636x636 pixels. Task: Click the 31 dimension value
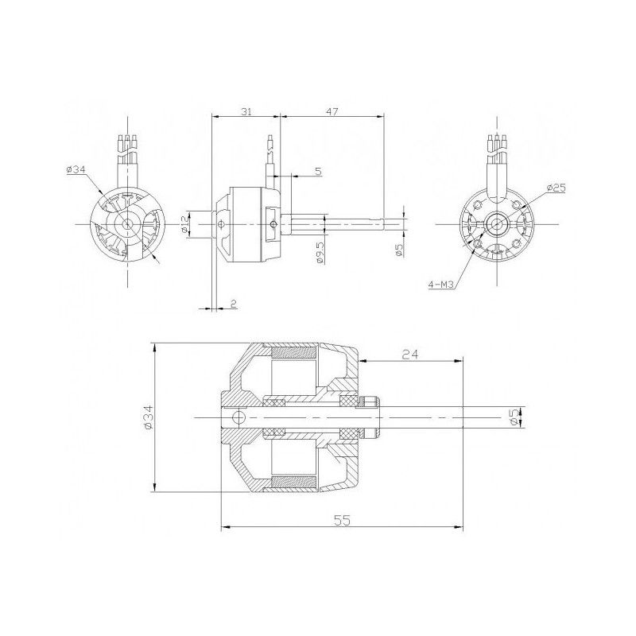[x=246, y=112]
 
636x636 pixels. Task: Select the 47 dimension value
[x=332, y=112]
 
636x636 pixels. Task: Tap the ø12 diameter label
[x=184, y=225]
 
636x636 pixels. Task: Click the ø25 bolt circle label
[x=556, y=188]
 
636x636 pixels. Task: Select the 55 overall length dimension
[x=342, y=521]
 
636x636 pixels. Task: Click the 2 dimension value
[x=232, y=303]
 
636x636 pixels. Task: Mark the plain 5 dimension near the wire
[x=318, y=171]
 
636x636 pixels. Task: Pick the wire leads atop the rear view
[x=498, y=144]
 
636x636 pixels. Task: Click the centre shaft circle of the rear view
[x=498, y=225]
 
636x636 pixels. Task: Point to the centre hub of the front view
[x=127, y=226]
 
